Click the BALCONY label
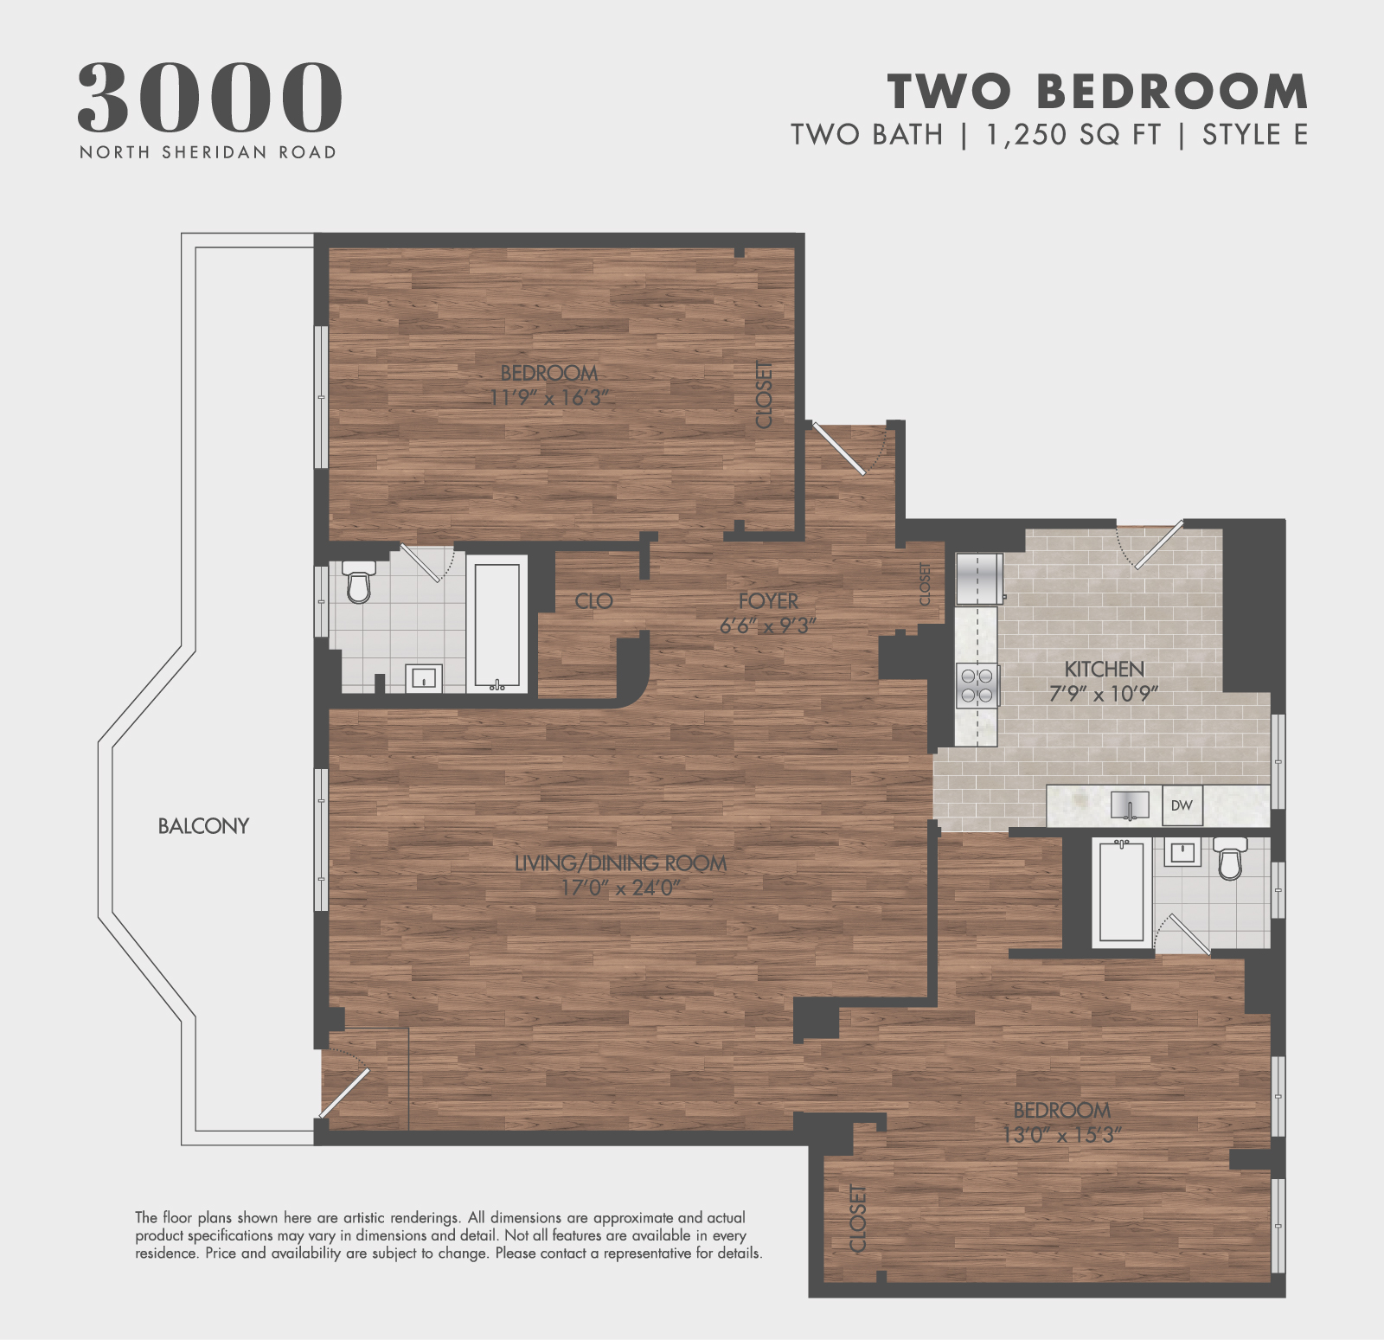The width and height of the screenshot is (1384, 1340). click(203, 826)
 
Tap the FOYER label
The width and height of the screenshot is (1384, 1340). click(768, 600)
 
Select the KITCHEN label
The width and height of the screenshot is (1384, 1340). click(1104, 669)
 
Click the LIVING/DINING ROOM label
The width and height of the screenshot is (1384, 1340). click(620, 862)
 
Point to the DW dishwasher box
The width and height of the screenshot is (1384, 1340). click(1182, 805)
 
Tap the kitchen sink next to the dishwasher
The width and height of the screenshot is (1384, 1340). click(1130, 805)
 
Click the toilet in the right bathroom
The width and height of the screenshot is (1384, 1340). click(1229, 857)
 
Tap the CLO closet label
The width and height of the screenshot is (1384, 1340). click(593, 600)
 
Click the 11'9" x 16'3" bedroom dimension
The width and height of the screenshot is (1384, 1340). click(549, 398)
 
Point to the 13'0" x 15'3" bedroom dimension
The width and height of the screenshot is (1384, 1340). click(1061, 1134)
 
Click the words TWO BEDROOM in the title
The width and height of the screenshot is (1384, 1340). click(1098, 91)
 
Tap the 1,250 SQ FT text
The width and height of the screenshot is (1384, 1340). click(1073, 135)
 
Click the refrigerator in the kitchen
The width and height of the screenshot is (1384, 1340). click(978, 578)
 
